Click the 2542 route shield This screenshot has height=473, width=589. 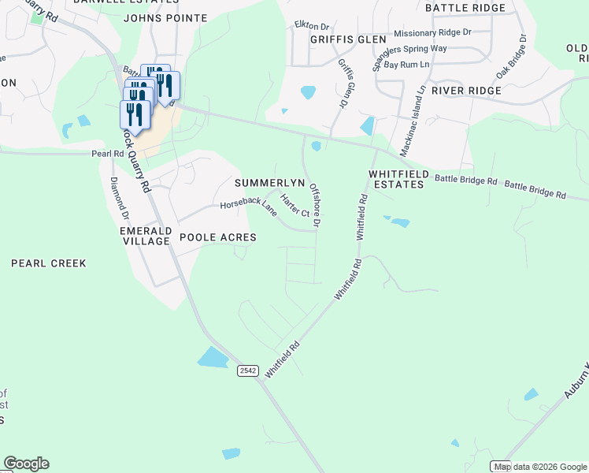[247, 370]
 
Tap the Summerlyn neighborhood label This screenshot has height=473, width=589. [269, 183]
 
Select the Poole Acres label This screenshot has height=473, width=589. [218, 237]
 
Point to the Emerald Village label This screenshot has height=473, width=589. [146, 236]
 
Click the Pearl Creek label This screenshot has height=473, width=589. [49, 263]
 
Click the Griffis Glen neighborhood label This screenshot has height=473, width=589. [348, 39]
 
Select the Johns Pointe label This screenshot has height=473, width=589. [165, 17]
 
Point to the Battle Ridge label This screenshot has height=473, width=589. [465, 8]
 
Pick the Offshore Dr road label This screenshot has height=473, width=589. [315, 206]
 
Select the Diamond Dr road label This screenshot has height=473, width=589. [119, 197]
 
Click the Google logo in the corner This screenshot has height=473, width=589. [26, 464]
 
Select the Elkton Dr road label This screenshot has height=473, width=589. [309, 25]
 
